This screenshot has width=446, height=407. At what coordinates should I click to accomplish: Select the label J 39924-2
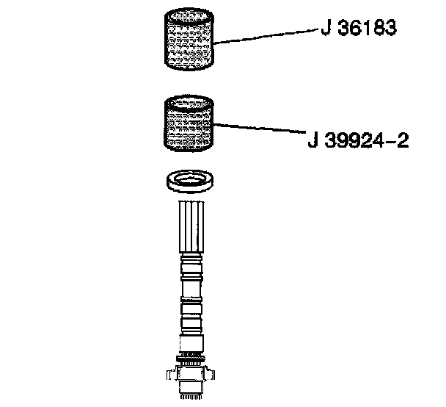(x=357, y=140)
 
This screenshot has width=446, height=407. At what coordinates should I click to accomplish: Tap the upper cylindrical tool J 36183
(x=189, y=40)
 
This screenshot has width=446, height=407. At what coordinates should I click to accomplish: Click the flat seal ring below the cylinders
(x=190, y=182)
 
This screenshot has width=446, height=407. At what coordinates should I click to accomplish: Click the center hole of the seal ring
(x=190, y=179)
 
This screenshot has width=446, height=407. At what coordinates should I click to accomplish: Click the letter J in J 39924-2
(x=312, y=140)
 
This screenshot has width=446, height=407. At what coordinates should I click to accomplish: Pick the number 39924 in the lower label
(x=351, y=140)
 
